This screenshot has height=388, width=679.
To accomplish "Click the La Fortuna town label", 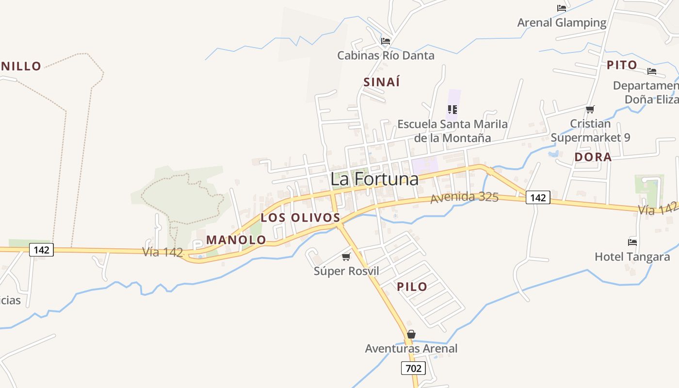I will tap(374, 179).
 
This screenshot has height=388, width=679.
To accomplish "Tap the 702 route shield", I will tap(413, 368).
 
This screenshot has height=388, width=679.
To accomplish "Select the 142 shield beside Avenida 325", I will tap(538, 197).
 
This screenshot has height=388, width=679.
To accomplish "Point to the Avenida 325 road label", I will tap(464, 197).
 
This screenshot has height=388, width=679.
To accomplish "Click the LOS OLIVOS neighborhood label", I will tap(300, 218).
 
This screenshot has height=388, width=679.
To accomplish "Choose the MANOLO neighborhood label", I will tap(236, 240).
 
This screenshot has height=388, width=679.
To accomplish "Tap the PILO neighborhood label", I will tap(412, 287).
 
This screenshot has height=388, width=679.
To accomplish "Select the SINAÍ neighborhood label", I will tap(382, 82).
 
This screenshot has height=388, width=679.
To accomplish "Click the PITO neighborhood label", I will tap(622, 65).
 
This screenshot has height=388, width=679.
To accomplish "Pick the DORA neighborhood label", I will tap(593, 157).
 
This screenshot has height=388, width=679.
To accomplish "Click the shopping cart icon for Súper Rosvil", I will tap(346, 257).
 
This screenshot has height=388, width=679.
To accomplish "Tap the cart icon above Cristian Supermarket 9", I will tap(590, 110).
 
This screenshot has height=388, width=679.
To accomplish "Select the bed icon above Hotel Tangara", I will tap(632, 242).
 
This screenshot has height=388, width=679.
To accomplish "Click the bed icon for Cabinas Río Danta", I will tap(386, 41).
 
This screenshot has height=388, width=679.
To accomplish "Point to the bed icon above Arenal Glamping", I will tap(562, 8).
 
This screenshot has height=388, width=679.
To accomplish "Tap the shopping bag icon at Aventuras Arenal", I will tap(411, 334).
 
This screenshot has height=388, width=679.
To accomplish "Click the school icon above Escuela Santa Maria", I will tap(453, 110).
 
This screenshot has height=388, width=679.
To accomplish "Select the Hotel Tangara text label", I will tap(632, 257).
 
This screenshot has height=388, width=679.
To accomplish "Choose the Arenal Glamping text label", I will tap(562, 22).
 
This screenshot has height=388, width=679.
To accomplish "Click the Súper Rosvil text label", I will tap(346, 271).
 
